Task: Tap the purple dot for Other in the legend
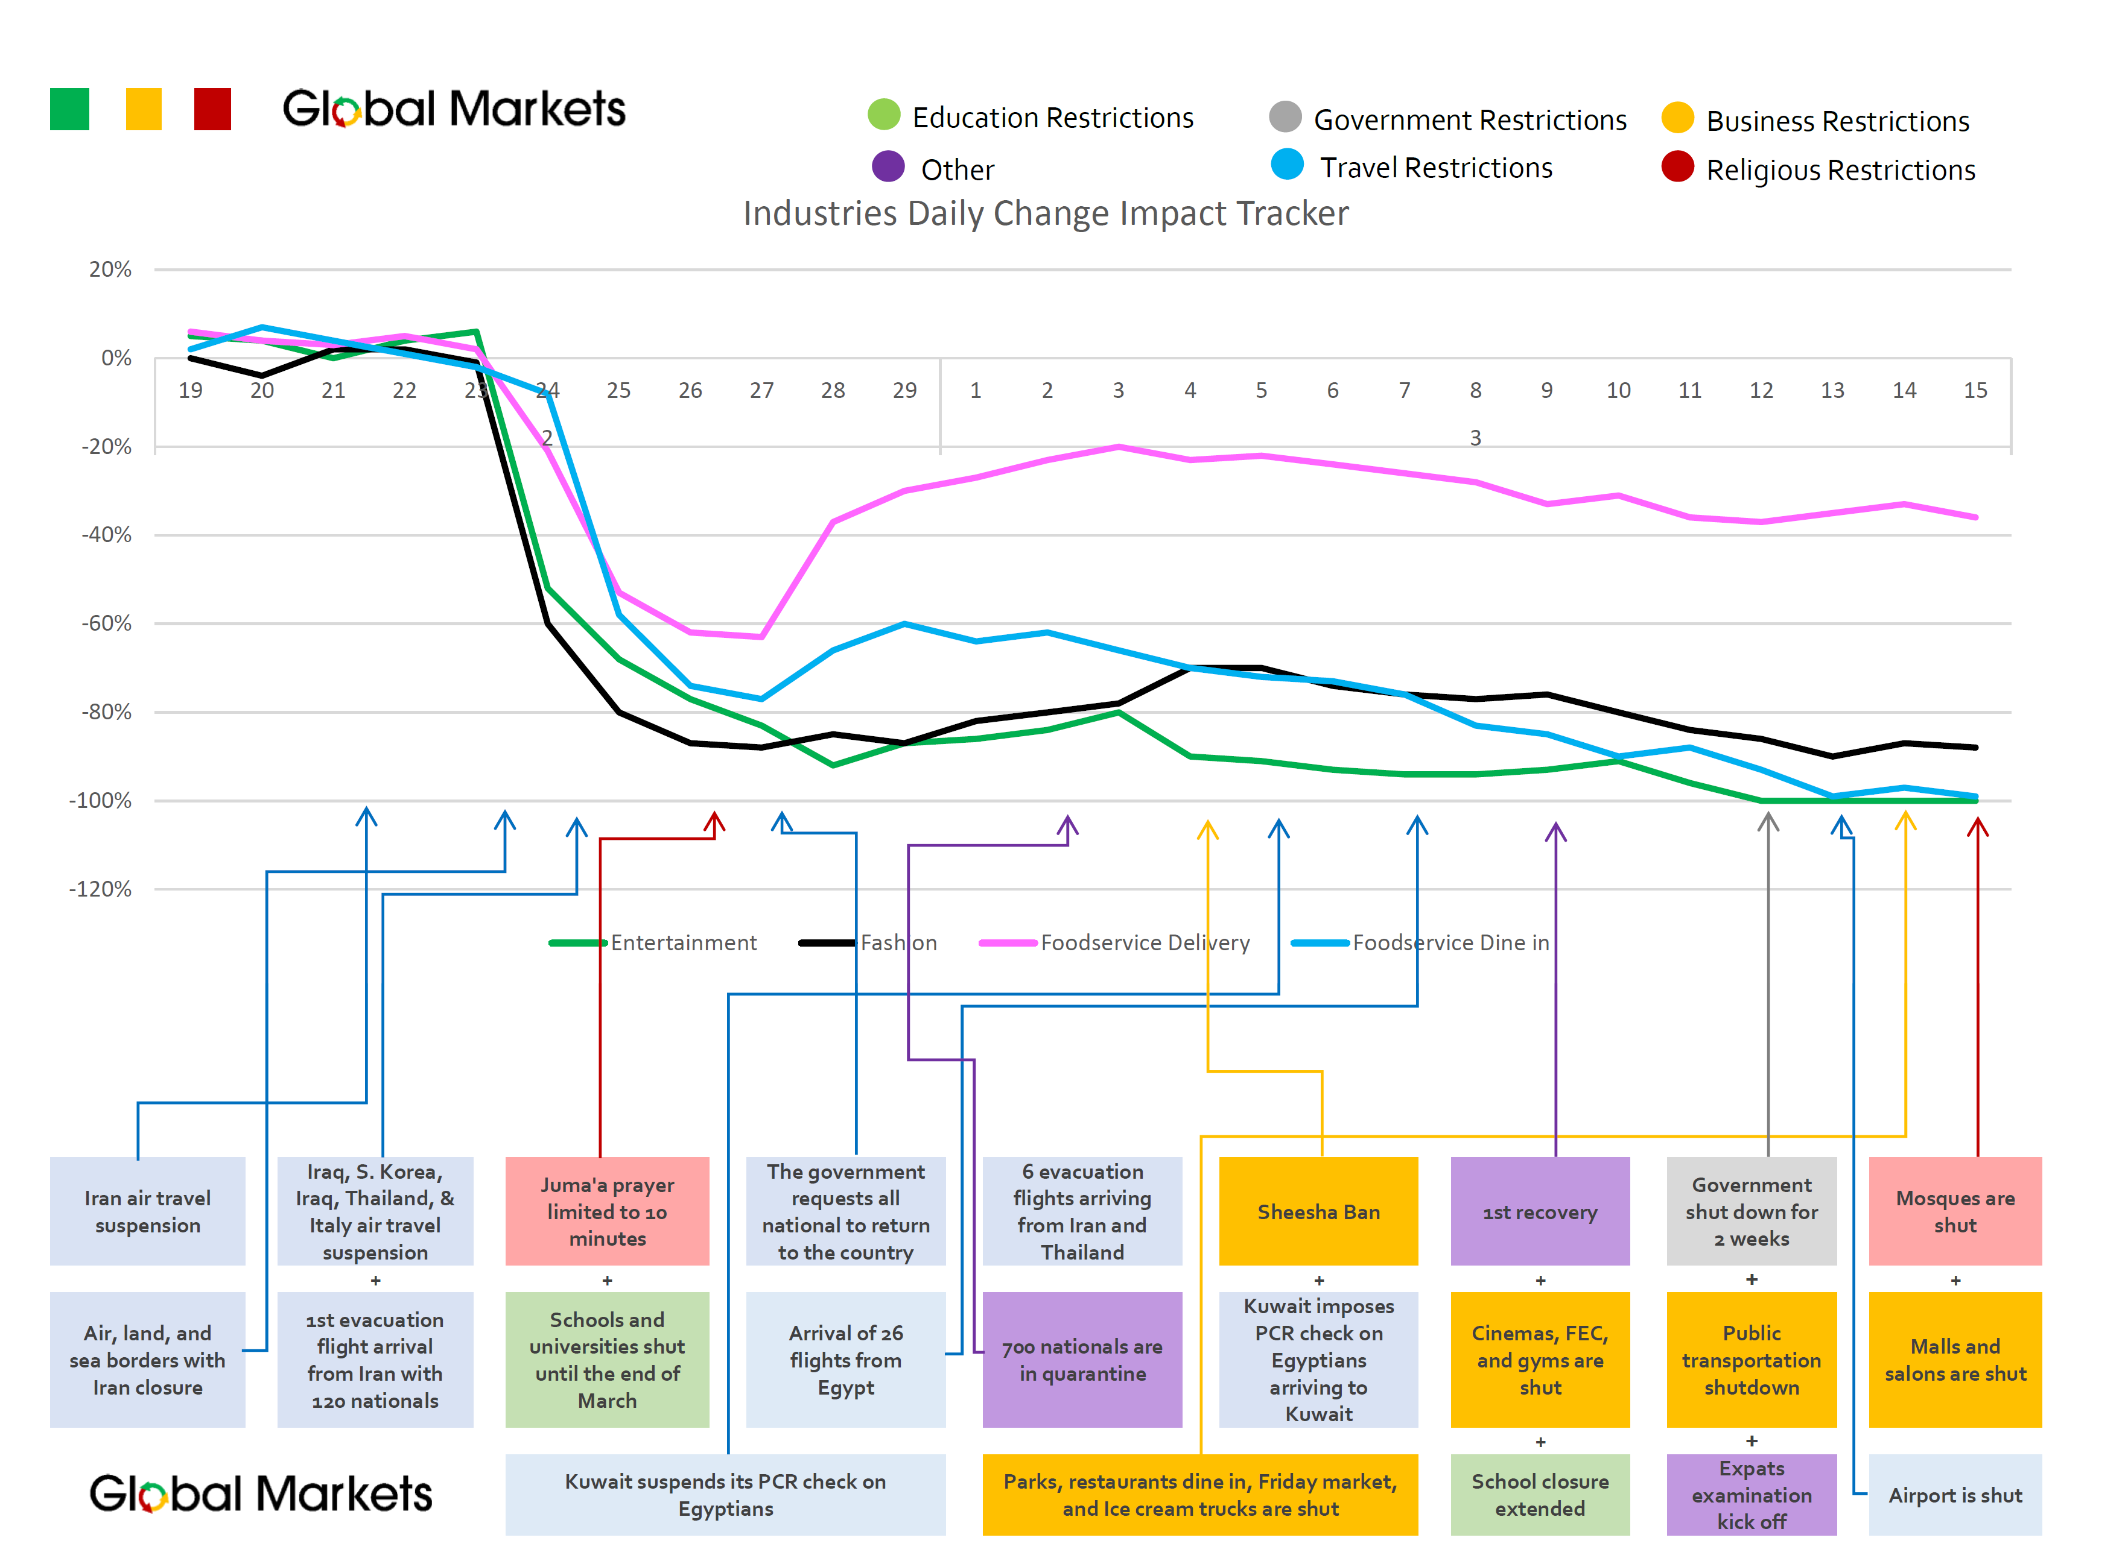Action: click(887, 167)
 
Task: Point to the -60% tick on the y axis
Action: click(106, 623)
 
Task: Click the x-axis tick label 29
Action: click(904, 390)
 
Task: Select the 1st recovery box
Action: click(1539, 1211)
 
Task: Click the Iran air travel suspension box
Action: click(147, 1211)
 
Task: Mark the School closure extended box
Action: click(1539, 1494)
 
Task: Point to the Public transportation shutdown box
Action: click(1751, 1359)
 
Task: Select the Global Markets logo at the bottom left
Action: click(260, 1494)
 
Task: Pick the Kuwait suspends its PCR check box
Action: click(725, 1494)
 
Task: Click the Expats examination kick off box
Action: click(1751, 1494)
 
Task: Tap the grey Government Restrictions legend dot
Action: click(1284, 117)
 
